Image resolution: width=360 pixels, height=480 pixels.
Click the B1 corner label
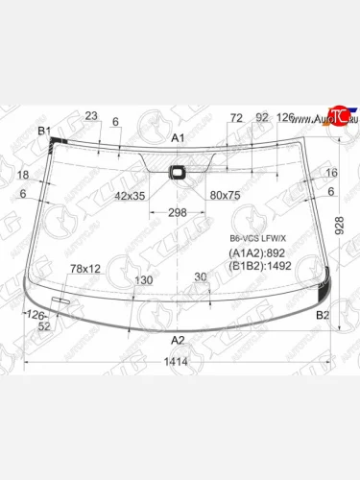point(43,131)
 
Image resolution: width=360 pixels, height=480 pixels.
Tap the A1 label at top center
point(178,139)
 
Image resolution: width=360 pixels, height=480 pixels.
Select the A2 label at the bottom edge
point(178,340)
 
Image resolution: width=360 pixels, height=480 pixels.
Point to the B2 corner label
point(323,315)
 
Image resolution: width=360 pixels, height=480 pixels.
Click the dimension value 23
point(91,116)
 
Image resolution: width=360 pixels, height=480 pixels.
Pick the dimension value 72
point(236,118)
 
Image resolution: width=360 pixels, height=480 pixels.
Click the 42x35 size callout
point(130,195)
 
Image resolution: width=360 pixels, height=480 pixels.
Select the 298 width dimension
point(177,212)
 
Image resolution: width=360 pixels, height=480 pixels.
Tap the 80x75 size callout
point(226,195)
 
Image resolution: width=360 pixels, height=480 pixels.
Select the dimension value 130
point(143,280)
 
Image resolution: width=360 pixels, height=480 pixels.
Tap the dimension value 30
point(200,276)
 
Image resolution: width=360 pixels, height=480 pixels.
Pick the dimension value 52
point(44,326)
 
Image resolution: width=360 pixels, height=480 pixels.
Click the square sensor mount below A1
point(178,173)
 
